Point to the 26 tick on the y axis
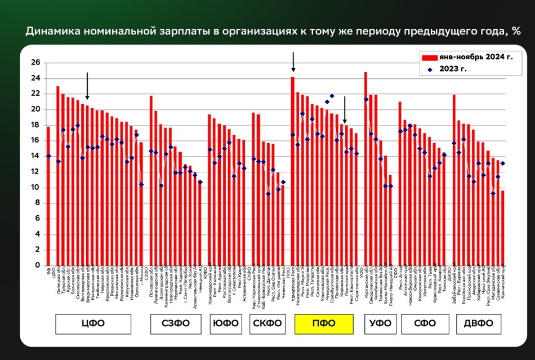tap(35, 63)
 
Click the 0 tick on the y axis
tap(37, 265)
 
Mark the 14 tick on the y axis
tap(35, 156)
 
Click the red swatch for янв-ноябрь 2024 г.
tap(431, 57)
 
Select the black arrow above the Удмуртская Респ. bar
tap(293, 62)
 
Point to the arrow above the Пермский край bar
tap(345, 106)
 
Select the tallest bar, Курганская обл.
tap(365, 168)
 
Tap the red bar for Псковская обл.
tap(151, 180)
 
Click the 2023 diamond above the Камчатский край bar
tap(503, 163)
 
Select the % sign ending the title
tap(515, 32)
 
